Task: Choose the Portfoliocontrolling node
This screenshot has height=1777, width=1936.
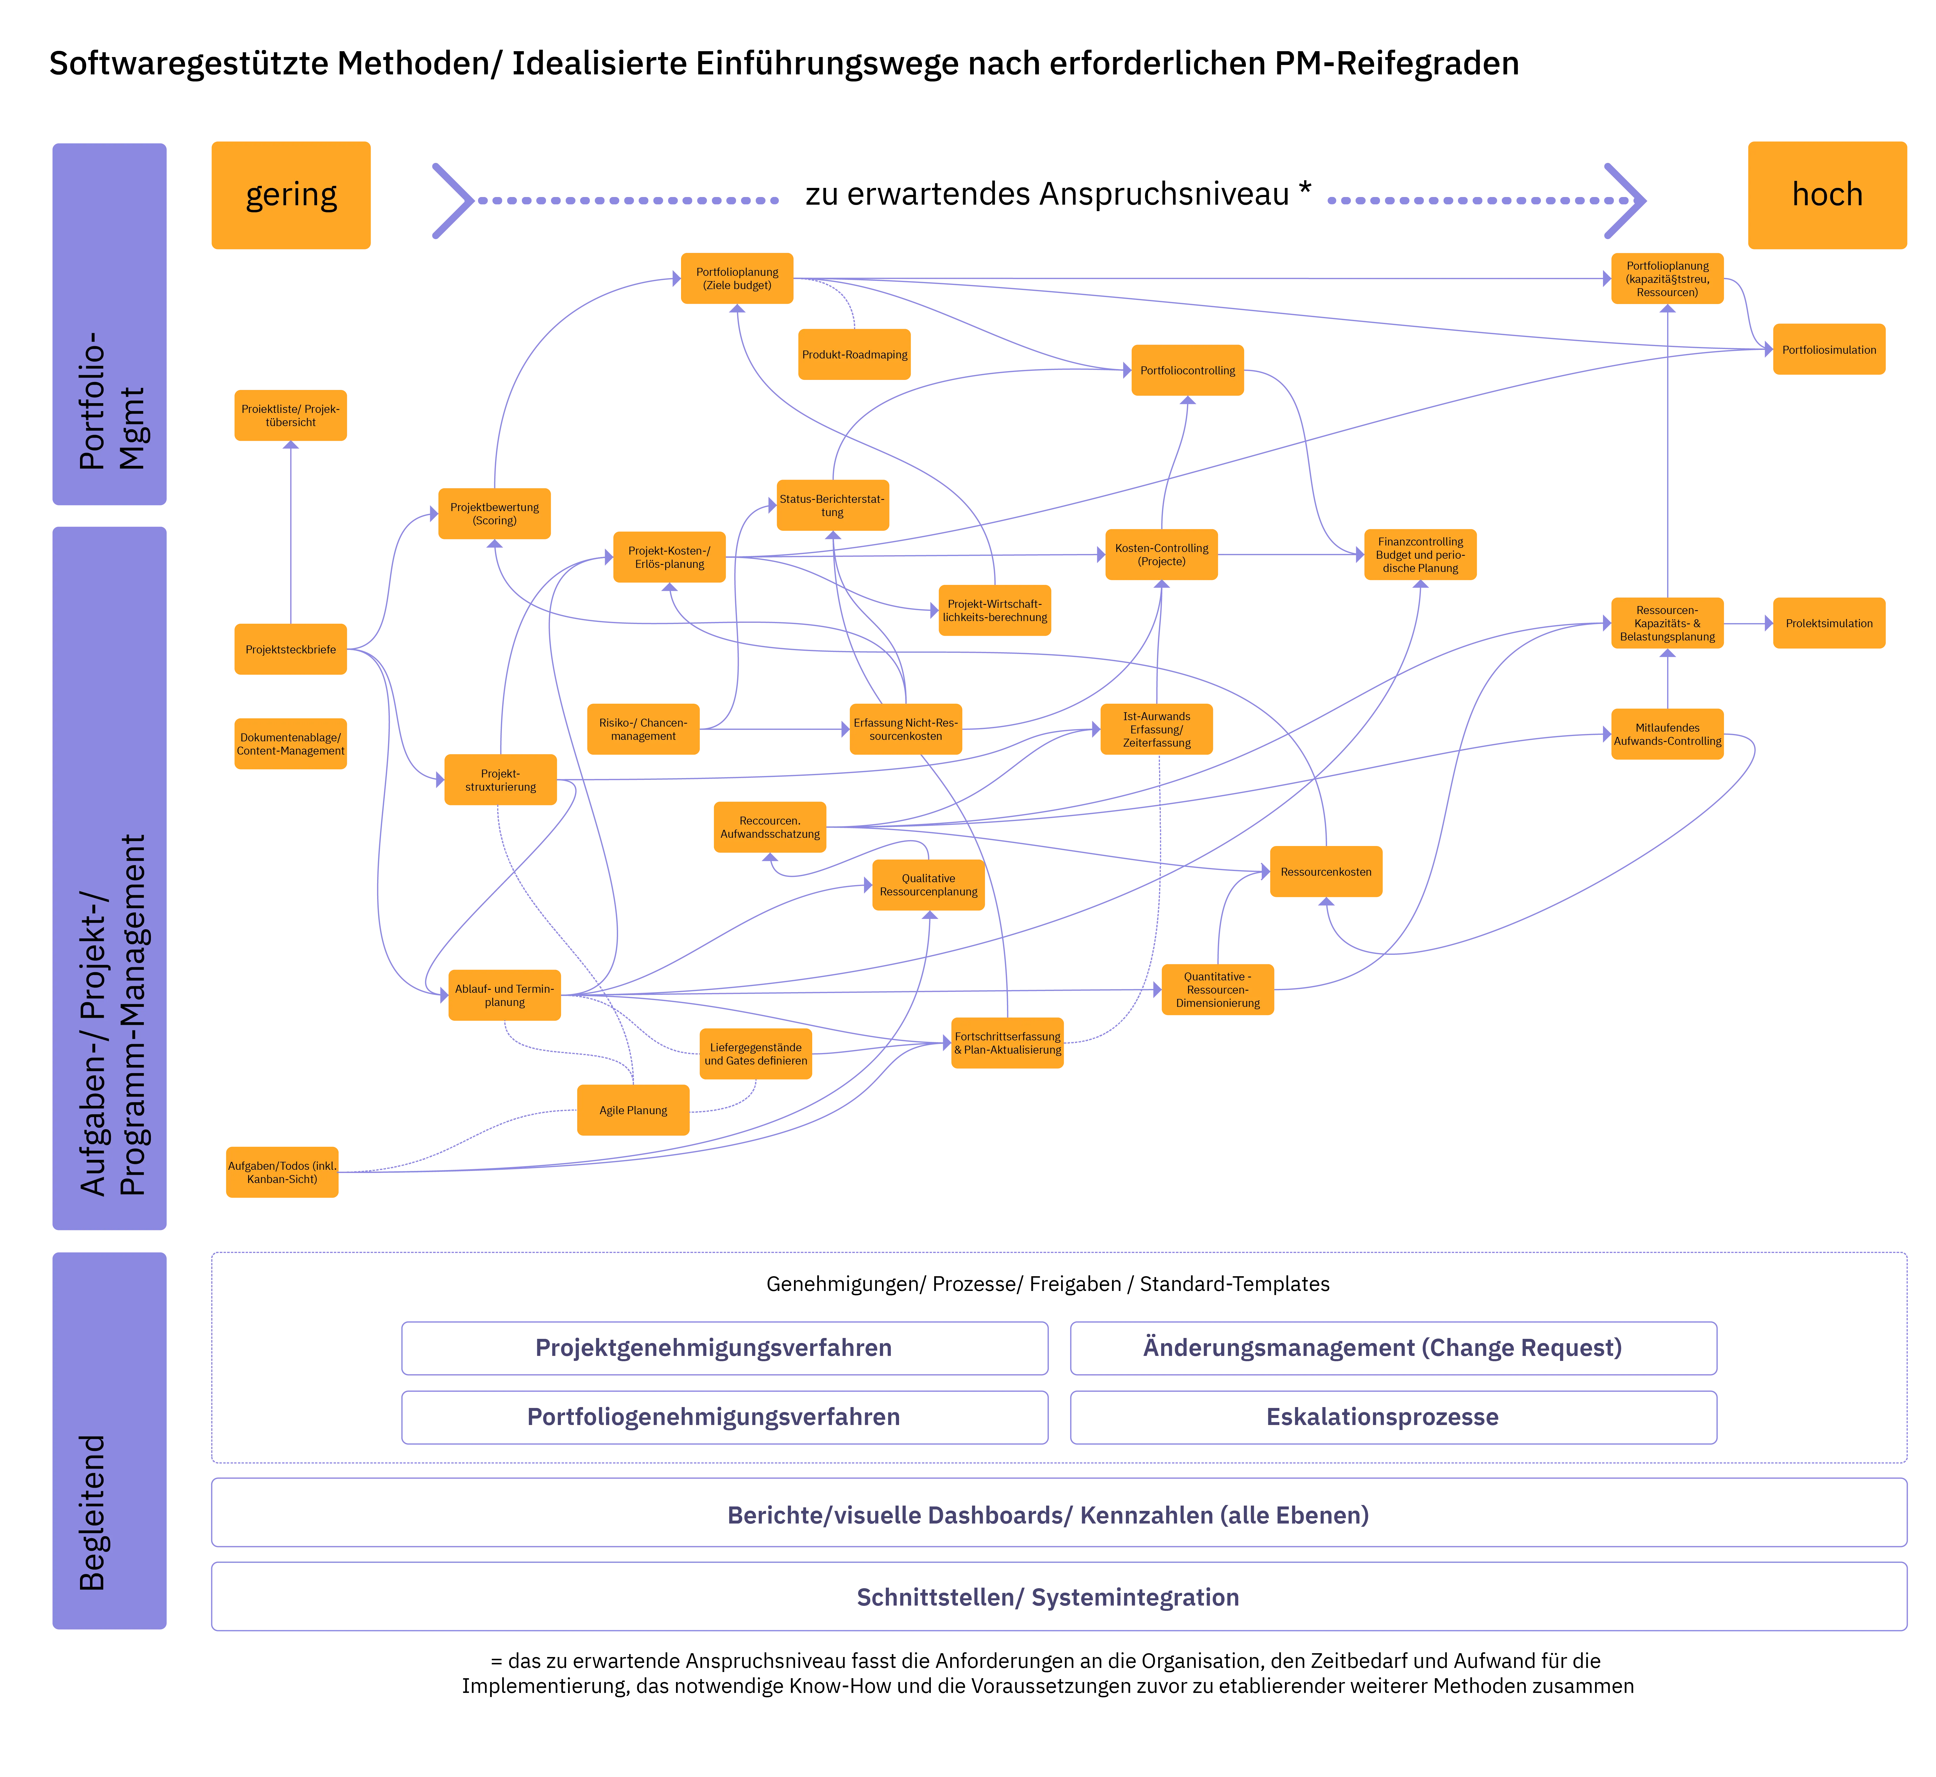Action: point(1188,370)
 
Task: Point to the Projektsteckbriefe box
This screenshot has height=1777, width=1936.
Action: point(290,649)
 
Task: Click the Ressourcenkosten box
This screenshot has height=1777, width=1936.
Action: point(1326,871)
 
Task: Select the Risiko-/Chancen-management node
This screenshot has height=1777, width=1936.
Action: point(643,729)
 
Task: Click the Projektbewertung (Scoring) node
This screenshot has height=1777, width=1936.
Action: point(494,513)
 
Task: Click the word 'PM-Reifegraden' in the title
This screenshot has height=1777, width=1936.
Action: point(1396,64)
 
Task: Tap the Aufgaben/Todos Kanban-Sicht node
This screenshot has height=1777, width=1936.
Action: point(282,1172)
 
